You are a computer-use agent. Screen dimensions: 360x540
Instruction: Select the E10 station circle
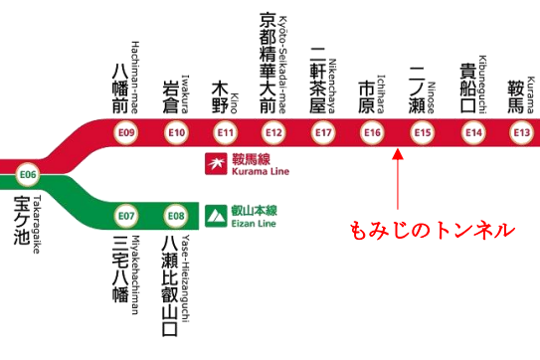(x=177, y=132)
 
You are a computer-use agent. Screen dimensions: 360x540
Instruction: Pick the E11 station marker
(x=226, y=132)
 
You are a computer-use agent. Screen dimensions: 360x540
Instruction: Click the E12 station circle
(x=274, y=132)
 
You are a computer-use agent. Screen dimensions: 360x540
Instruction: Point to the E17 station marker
(x=323, y=132)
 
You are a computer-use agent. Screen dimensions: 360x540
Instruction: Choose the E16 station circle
(x=373, y=132)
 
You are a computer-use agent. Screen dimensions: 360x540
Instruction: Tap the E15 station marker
(x=423, y=132)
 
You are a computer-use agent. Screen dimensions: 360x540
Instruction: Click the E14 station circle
(x=473, y=132)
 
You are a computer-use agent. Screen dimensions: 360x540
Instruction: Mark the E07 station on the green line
(x=126, y=215)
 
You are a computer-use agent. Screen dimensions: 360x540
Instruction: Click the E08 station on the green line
(x=176, y=215)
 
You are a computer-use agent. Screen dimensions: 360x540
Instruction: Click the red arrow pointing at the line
(x=397, y=179)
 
